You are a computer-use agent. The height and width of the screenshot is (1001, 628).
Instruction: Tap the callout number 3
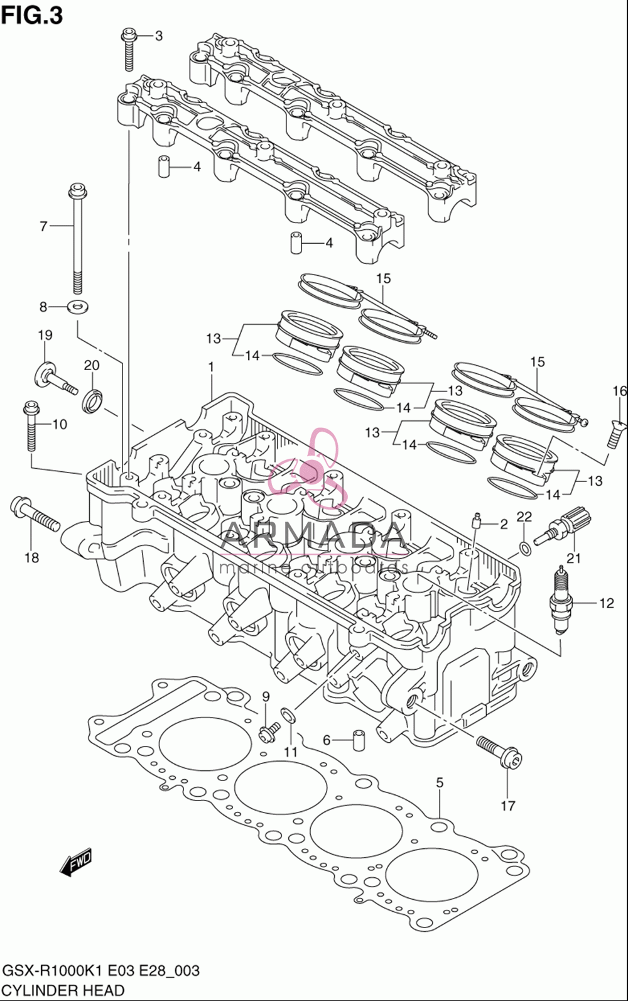(x=159, y=36)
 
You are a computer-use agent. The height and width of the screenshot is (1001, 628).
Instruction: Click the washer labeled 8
(x=78, y=307)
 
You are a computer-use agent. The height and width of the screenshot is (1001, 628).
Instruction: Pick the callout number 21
(x=574, y=558)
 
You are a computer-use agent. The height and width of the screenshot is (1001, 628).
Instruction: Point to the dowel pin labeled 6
(x=358, y=740)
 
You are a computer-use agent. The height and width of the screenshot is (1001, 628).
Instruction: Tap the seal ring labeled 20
(x=93, y=401)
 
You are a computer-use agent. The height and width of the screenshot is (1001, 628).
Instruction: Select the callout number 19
(x=45, y=335)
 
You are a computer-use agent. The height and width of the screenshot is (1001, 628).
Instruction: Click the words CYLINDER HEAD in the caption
(x=63, y=990)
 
